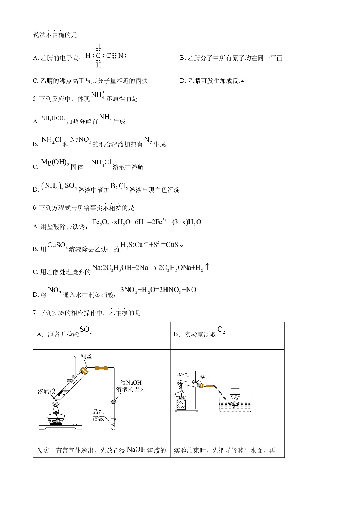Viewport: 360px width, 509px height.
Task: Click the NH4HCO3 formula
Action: [53, 118]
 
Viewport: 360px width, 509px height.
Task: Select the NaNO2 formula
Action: [80, 140]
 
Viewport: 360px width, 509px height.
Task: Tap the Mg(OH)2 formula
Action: [55, 162]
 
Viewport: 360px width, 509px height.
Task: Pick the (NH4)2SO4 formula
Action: [59, 186]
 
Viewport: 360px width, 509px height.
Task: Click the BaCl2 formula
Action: [119, 186]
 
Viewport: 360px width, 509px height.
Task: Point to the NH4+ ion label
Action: [98, 95]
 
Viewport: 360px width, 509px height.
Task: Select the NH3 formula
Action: [105, 117]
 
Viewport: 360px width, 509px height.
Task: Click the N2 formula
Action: [148, 140]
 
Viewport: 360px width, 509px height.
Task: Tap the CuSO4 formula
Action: [58, 245]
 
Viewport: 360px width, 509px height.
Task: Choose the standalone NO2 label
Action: [55, 290]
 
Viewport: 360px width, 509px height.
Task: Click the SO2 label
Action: [86, 330]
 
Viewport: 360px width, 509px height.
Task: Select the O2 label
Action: [221, 330]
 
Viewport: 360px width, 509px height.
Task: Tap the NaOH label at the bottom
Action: [136, 450]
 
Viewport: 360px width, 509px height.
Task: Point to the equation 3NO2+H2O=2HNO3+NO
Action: [158, 290]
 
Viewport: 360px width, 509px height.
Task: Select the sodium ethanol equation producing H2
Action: [151, 268]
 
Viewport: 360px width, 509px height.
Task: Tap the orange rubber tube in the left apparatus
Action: [102, 369]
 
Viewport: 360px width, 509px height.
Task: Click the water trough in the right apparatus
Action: [235, 404]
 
